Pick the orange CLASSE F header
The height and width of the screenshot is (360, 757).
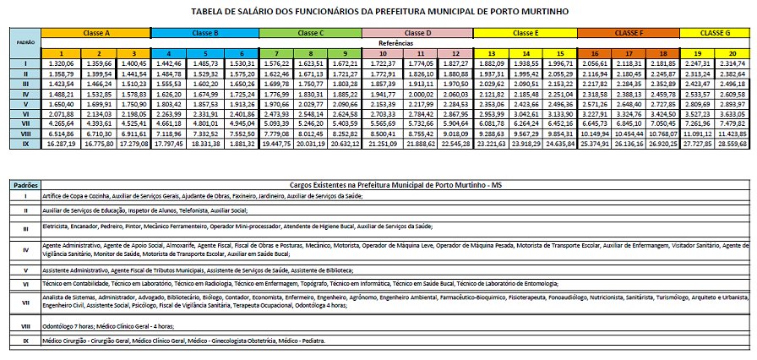coord(627,31)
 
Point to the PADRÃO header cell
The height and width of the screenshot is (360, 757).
coord(24,41)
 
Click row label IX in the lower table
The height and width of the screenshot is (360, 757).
coord(25,341)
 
